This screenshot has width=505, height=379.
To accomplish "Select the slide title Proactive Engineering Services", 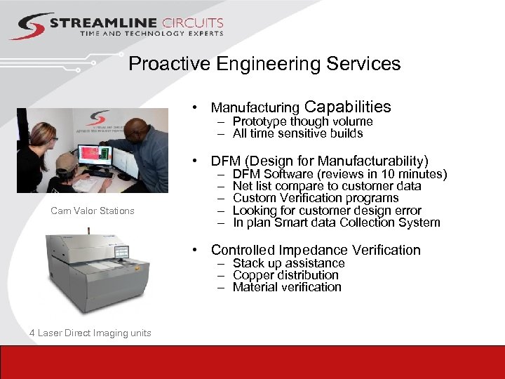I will (x=264, y=64).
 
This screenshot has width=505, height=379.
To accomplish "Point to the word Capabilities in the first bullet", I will (x=348, y=107).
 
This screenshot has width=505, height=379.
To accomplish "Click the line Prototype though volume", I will (x=302, y=121).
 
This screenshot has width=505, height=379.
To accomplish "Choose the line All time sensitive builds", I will (x=297, y=133).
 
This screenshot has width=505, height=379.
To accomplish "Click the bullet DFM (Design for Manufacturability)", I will (x=319, y=161).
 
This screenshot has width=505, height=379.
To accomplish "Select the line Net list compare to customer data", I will (x=327, y=186).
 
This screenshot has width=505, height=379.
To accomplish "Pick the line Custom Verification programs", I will (x=316, y=198).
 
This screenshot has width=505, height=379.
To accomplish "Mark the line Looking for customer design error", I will (x=327, y=211).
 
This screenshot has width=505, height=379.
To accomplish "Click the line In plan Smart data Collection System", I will (x=337, y=222).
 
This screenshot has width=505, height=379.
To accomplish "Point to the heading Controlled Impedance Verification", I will (x=316, y=250).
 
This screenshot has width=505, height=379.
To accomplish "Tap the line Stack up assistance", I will (x=289, y=263).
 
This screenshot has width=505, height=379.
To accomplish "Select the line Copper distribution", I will (x=285, y=275).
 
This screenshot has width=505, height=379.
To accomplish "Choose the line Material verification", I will (x=287, y=287).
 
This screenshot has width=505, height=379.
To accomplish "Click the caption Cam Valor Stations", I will (x=93, y=211).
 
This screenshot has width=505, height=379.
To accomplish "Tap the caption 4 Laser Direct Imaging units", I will (x=90, y=333).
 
